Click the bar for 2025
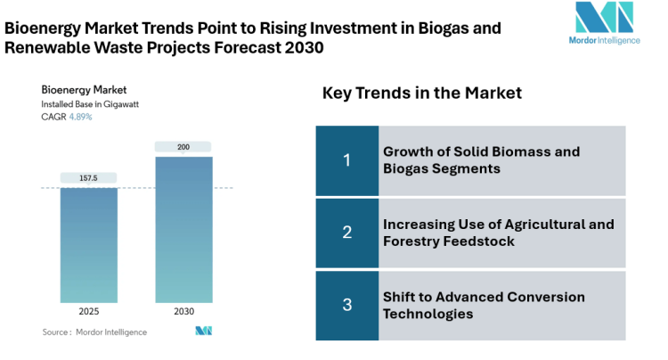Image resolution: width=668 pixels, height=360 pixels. (x=89, y=245)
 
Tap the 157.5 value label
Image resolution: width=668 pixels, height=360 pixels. (x=89, y=178)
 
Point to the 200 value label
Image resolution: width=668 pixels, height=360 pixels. (x=183, y=147)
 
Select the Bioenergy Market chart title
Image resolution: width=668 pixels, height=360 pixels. (x=84, y=89)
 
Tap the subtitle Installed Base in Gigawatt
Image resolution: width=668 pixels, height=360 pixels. (x=89, y=104)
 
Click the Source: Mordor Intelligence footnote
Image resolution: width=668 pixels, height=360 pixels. (x=94, y=332)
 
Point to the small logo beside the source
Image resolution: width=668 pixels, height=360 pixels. (x=203, y=331)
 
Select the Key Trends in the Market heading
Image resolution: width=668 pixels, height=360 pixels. (x=421, y=94)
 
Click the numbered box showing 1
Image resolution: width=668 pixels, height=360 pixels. (x=346, y=160)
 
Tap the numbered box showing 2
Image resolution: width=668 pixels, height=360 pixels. (x=346, y=232)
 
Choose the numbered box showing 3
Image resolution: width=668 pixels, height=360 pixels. (x=346, y=305)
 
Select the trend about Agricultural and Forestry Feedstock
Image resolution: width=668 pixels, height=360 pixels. (x=498, y=232)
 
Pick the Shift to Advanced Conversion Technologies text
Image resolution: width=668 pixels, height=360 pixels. (x=484, y=305)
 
